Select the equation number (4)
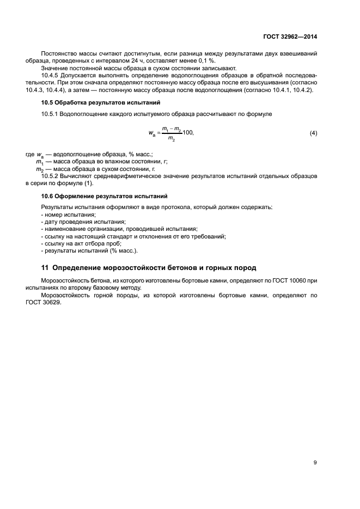313,133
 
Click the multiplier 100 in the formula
187,133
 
